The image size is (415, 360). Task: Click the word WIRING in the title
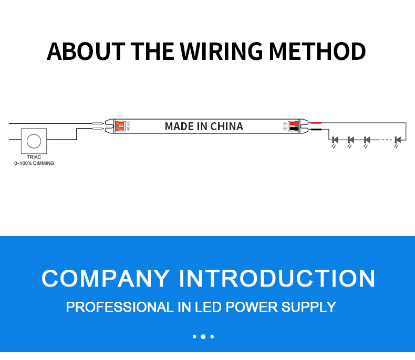point(221,51)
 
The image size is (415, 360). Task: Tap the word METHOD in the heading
point(317,51)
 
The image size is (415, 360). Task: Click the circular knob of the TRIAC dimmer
point(34,141)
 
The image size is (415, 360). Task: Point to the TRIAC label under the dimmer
point(34,157)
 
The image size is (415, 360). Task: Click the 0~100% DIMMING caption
point(34,163)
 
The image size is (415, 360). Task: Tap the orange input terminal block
point(120,126)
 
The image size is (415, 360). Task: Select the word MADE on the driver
point(180,126)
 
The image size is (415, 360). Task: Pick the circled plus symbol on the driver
point(285,124)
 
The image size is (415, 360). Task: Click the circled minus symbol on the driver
point(285,129)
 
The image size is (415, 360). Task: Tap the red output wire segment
point(316,123)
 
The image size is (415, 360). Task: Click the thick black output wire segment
point(316,130)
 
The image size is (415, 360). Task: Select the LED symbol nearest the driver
point(335,140)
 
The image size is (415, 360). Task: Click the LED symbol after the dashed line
point(398,140)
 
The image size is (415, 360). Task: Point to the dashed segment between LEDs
point(387,140)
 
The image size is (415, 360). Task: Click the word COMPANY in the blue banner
point(106,278)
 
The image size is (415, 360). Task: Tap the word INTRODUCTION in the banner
point(277,278)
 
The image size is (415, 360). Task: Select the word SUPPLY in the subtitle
point(308,307)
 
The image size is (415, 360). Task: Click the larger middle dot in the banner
point(203,336)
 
